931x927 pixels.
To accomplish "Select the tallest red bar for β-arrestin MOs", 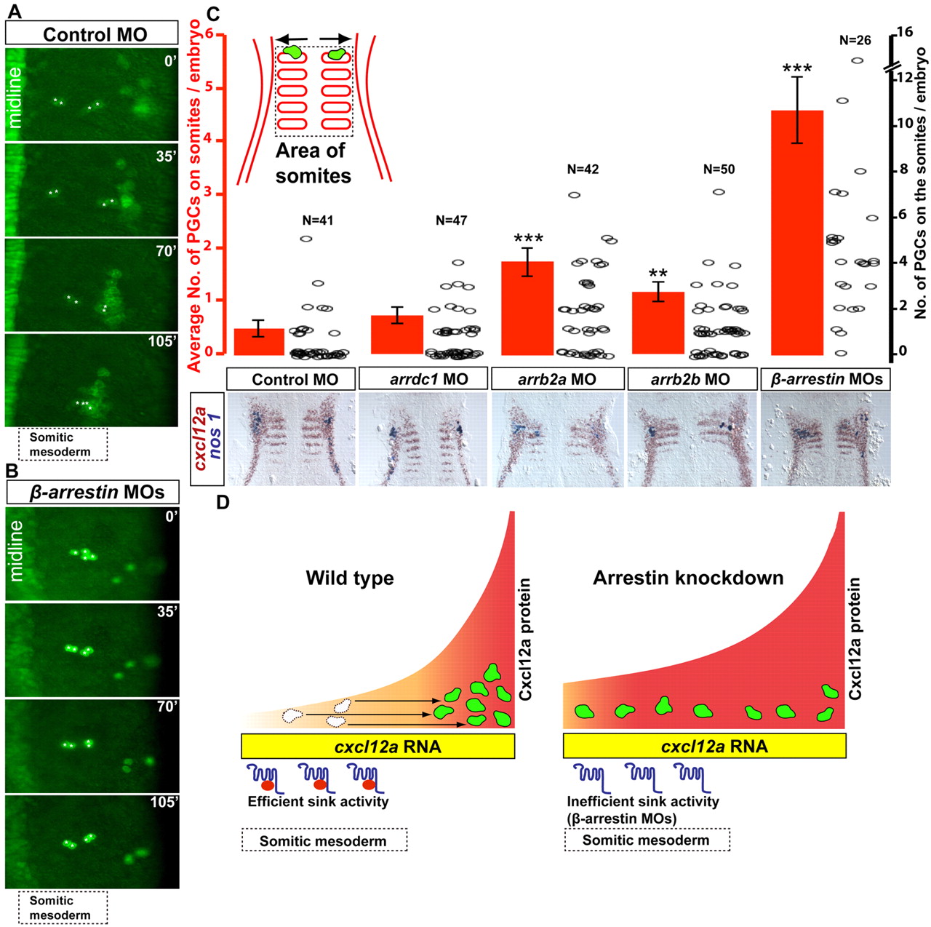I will [796, 233].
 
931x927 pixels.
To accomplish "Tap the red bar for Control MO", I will [259, 342].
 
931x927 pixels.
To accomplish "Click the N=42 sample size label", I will [583, 170].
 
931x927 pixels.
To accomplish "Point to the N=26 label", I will [855, 41].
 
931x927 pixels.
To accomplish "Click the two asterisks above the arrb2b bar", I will [658, 275].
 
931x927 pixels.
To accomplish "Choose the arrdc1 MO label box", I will [424, 379].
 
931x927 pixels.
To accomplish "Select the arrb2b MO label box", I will [690, 379].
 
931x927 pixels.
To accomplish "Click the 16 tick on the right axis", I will [904, 32].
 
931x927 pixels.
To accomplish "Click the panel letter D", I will [223, 502].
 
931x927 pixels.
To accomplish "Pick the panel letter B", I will [12, 471].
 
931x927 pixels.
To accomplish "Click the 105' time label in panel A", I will [162, 341].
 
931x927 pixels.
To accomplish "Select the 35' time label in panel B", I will [166, 611].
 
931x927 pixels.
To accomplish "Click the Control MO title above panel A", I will [95, 34].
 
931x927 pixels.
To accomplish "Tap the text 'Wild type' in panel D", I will [350, 578].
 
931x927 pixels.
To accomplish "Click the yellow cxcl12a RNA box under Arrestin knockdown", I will [704, 747].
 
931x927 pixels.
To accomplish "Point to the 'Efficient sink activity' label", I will [318, 802].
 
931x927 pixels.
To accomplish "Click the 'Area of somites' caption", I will [313, 163].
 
